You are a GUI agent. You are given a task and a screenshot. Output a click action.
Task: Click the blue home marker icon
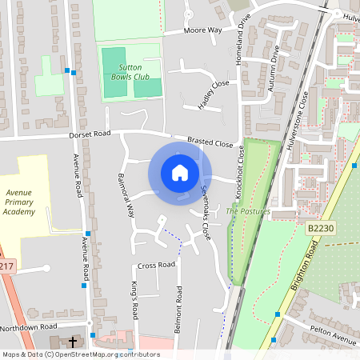(180, 172)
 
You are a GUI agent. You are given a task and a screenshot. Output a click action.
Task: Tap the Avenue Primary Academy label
(20, 202)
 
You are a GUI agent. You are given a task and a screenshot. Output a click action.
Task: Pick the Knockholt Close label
(239, 176)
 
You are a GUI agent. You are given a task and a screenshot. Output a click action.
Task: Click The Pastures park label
(248, 211)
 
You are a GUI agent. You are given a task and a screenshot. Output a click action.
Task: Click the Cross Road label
(156, 265)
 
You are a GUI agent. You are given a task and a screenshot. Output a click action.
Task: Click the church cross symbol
(73, 342)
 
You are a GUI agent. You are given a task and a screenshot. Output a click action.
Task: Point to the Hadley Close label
(214, 94)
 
